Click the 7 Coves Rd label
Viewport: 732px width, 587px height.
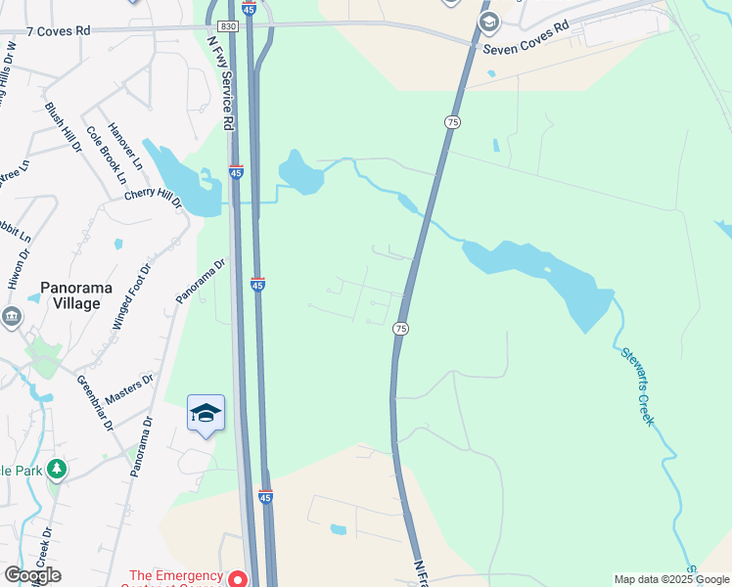coord(58,31)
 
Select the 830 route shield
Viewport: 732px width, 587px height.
coord(227,26)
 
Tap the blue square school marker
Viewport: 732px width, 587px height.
coord(206,415)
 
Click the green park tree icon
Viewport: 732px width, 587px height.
coord(58,470)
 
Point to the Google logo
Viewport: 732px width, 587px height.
coord(32,575)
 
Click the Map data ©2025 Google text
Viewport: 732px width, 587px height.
coord(671,579)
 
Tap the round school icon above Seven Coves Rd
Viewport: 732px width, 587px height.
coord(488,22)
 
